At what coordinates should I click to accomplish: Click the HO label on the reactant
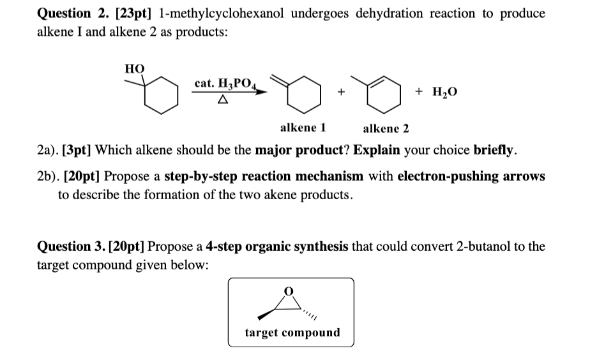(x=134, y=68)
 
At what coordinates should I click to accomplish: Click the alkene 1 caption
(x=303, y=127)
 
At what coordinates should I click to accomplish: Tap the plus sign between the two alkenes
(x=342, y=93)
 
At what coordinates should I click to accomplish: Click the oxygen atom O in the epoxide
(x=291, y=291)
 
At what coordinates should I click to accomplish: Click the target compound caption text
(x=292, y=333)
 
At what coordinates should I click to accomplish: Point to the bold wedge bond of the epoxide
(x=269, y=313)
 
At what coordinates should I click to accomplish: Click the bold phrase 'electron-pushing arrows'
(x=471, y=176)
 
